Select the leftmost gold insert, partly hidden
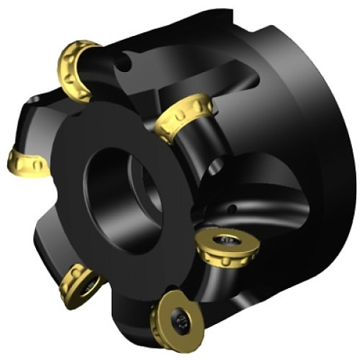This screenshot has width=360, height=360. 27,161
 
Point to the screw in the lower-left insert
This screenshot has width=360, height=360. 87,282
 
